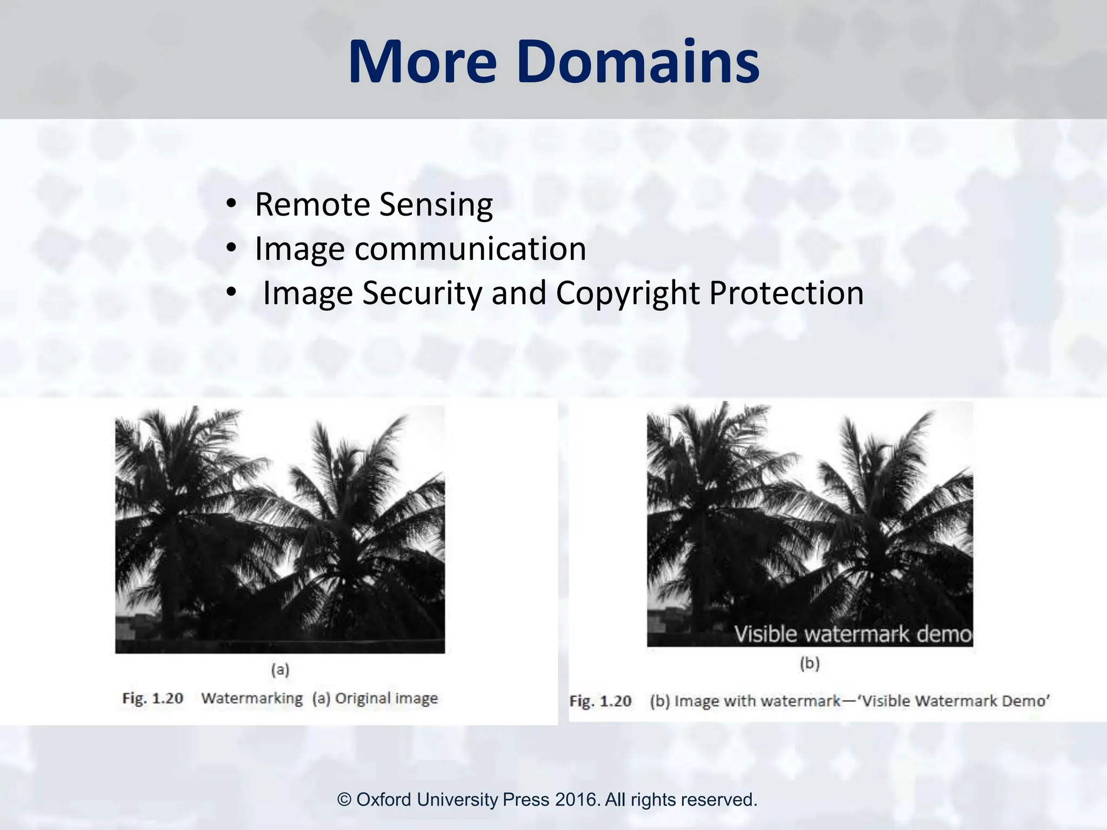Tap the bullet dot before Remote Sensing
point(231,204)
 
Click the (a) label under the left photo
point(280,670)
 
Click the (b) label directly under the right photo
point(810,663)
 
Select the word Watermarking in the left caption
point(252,698)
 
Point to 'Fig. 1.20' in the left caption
point(153,698)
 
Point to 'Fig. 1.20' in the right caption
point(601,701)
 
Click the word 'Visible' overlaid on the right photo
point(765,634)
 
